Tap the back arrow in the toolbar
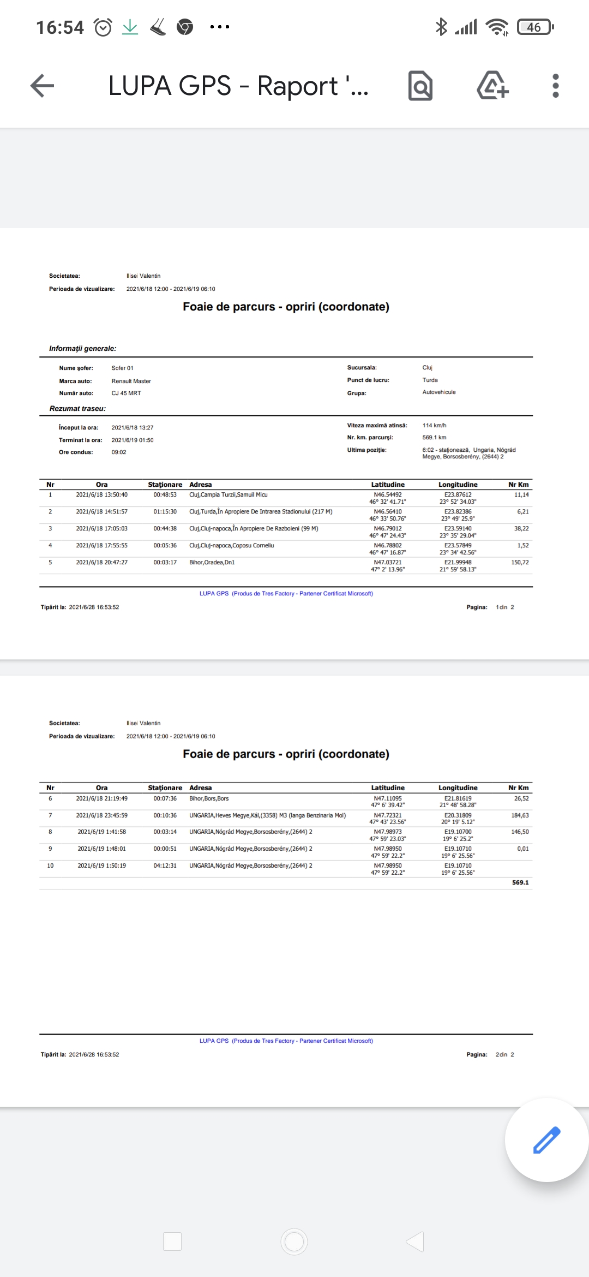[x=43, y=86]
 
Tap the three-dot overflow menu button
[x=555, y=86]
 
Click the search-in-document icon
[x=420, y=86]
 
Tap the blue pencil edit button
[x=546, y=1139]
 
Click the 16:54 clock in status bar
[x=60, y=27]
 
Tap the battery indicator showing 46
[x=536, y=27]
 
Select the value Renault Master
[x=131, y=381]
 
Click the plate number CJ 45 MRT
[x=127, y=393]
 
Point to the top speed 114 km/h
[x=434, y=425]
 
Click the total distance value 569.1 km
[x=434, y=437]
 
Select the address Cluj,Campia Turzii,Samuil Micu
[x=229, y=494]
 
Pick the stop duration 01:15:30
[x=165, y=511]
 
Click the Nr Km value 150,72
[x=520, y=562]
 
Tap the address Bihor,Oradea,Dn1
[x=212, y=562]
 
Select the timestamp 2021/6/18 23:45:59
[x=102, y=815]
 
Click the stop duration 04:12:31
[x=165, y=866]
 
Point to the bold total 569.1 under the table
[x=520, y=882]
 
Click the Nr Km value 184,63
[x=520, y=815]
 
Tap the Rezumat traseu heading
[x=77, y=408]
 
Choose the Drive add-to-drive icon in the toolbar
[x=492, y=86]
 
